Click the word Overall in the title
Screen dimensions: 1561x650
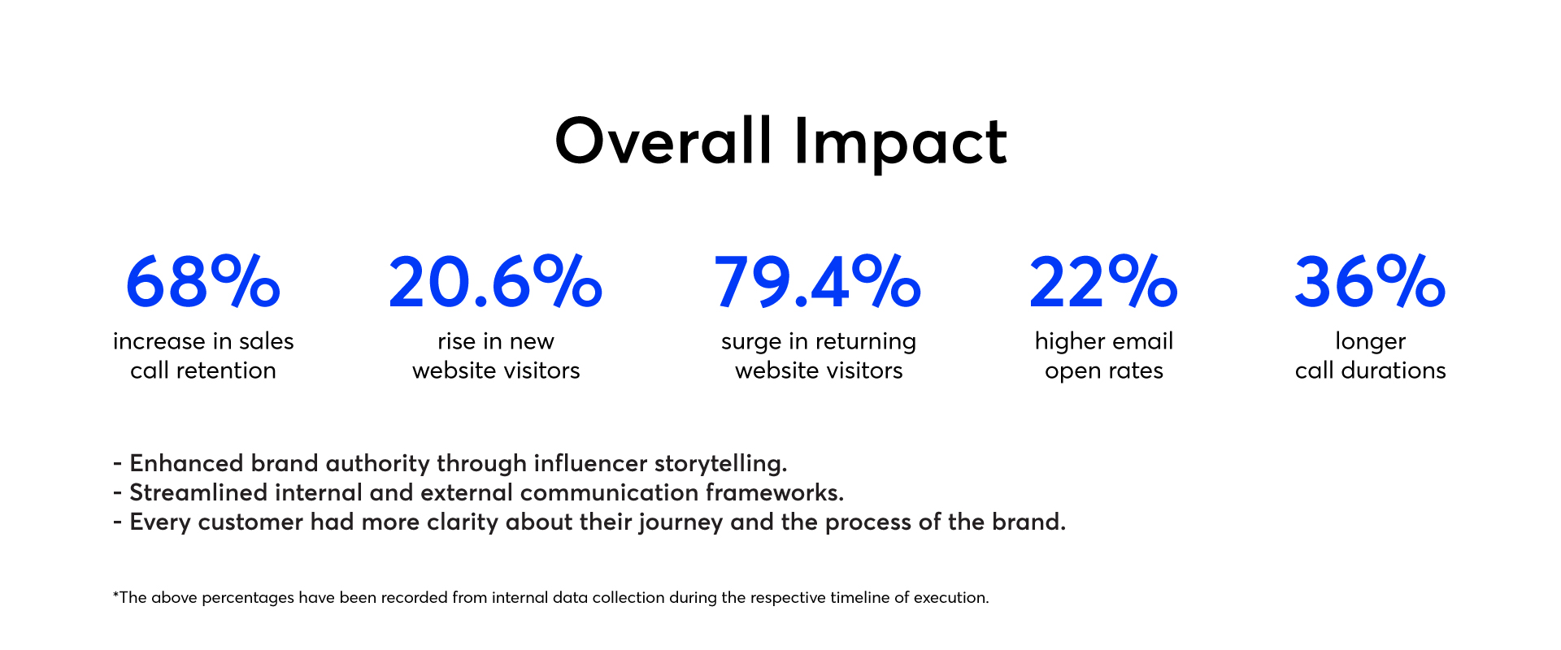click(663, 141)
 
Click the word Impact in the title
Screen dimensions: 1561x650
click(901, 144)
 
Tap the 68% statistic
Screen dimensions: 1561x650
click(203, 281)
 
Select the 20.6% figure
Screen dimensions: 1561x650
click(496, 281)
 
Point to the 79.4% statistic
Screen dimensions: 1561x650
click(818, 281)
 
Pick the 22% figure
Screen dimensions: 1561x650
click(1103, 281)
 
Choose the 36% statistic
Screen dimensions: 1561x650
click(1370, 281)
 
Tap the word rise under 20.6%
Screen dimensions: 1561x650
click(456, 341)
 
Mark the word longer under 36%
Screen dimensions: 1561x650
click(1370, 343)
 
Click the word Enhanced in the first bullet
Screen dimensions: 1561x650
click(186, 463)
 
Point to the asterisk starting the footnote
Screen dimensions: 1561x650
click(115, 594)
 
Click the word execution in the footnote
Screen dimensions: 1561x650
click(950, 598)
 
